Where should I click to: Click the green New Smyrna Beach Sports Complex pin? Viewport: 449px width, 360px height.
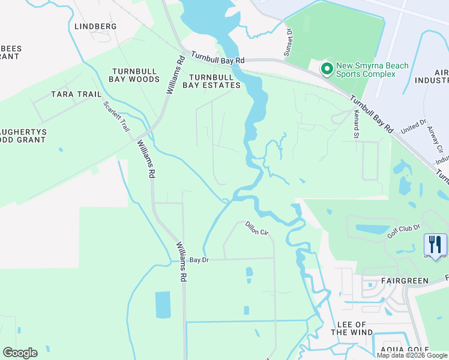pos(327,70)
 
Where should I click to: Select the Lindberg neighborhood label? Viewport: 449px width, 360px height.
pos(95,26)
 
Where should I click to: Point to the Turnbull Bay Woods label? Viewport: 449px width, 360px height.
pos(135,75)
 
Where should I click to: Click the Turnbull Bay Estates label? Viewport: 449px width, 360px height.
pos(215,81)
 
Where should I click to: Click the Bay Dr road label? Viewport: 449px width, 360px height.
pos(199,260)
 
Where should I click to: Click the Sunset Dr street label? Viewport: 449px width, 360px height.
pos(288,43)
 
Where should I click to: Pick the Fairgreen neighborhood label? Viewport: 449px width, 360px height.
pos(405,281)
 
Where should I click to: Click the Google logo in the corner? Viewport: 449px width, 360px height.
pos(20,353)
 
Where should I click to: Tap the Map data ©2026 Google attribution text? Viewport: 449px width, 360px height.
pos(412,355)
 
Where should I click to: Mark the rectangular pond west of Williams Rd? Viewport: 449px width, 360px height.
pos(163,305)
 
